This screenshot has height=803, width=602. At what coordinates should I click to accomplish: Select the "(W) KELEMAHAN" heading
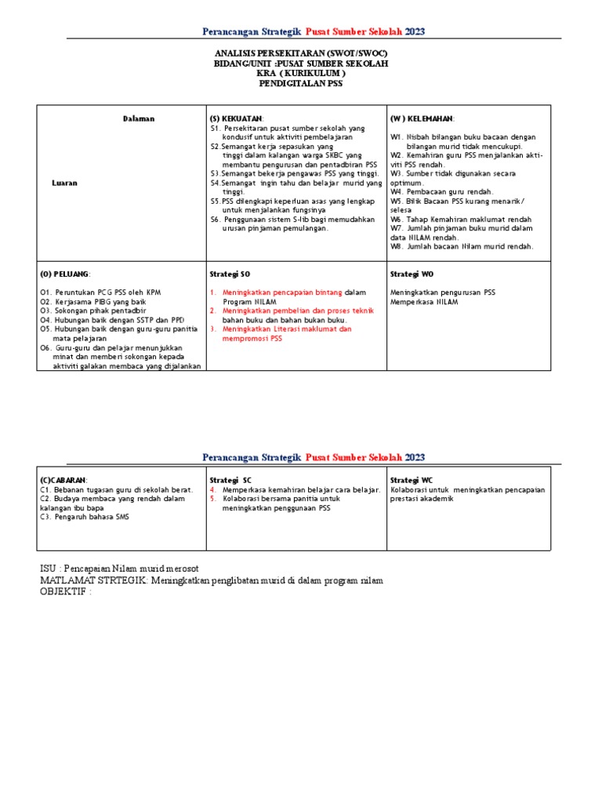click(421, 118)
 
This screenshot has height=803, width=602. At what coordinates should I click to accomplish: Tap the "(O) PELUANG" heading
click(65, 274)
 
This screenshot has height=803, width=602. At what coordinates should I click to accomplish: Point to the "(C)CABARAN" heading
click(64, 479)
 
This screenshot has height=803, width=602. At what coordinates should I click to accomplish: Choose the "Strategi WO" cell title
click(412, 274)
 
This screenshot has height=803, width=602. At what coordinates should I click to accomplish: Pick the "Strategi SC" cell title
click(230, 479)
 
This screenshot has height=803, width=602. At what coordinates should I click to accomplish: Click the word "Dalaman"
click(139, 118)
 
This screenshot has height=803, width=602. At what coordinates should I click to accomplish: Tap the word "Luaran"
click(64, 182)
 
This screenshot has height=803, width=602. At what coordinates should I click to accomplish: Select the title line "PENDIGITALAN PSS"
click(301, 83)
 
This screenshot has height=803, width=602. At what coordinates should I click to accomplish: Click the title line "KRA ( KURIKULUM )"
click(301, 73)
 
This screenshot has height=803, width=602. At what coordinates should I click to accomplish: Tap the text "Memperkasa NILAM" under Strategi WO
click(424, 302)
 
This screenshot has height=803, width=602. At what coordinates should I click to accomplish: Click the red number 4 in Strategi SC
click(212, 489)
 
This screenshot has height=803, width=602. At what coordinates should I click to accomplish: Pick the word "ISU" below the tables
click(49, 567)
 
